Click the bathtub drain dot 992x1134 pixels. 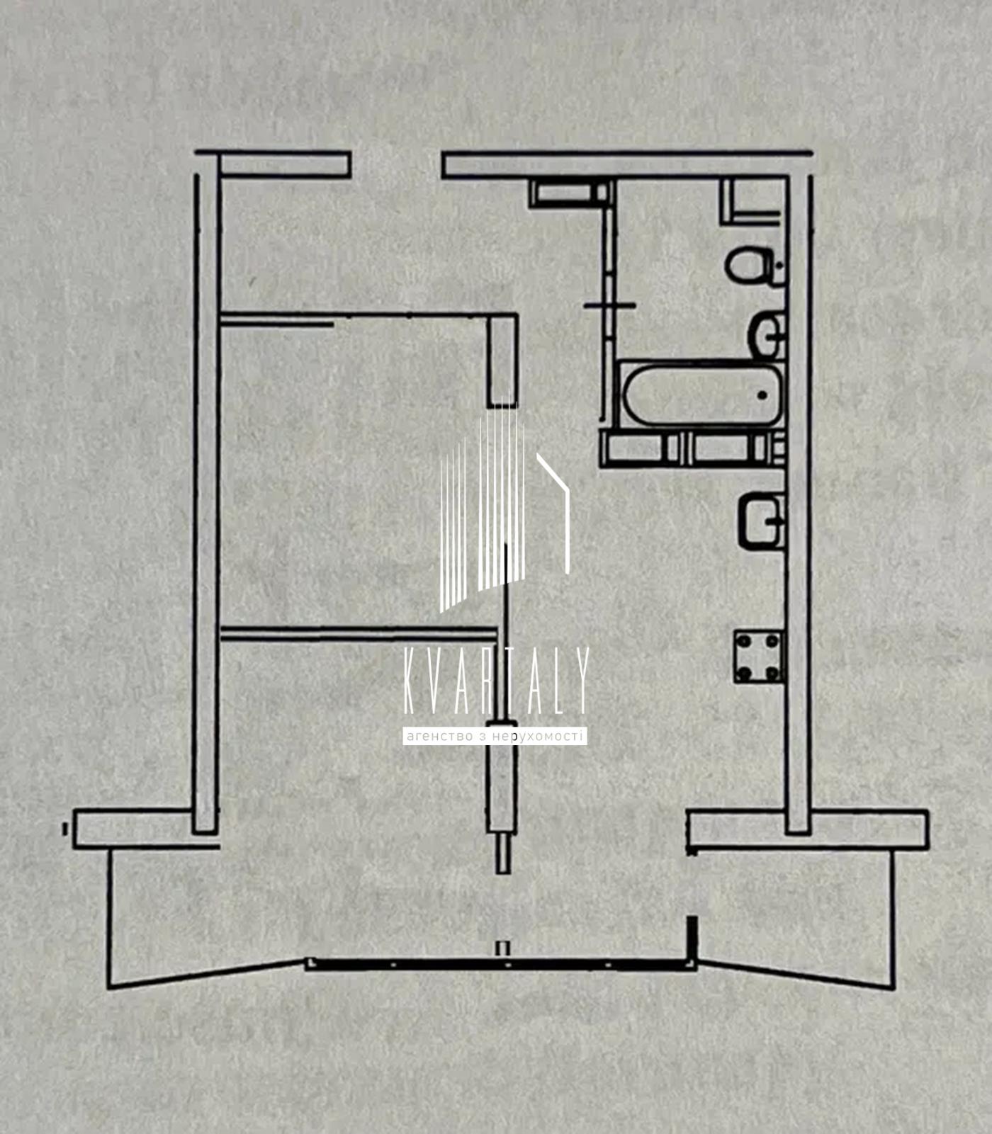point(762,395)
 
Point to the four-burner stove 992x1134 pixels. point(758,657)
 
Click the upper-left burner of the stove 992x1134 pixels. point(744,642)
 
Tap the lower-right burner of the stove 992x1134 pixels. point(772,672)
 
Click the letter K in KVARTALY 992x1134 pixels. point(410,681)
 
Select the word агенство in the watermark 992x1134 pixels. point(439,737)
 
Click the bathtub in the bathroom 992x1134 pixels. point(701,395)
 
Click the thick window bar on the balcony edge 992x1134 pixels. point(500,963)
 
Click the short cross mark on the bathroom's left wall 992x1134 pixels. point(609,305)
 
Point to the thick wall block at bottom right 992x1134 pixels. point(807,829)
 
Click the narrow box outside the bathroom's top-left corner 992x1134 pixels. point(569,193)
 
